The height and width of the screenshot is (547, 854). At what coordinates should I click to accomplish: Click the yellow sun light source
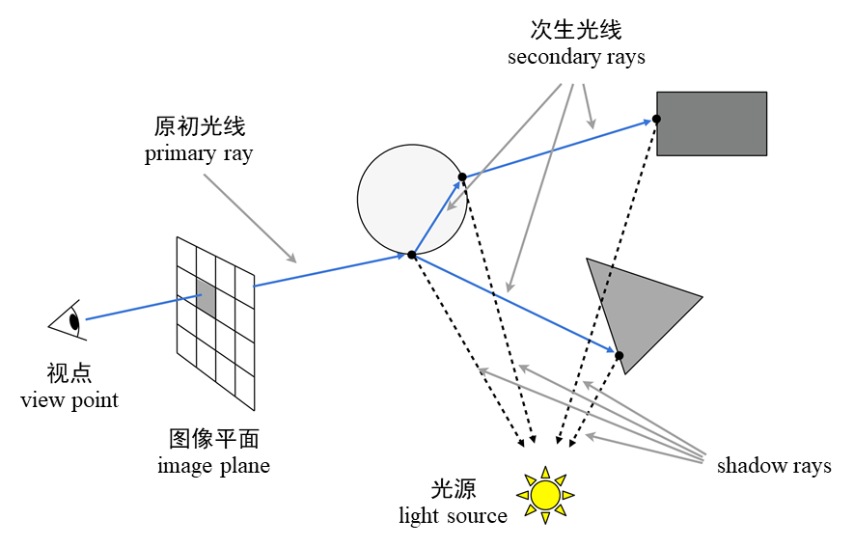[x=545, y=495]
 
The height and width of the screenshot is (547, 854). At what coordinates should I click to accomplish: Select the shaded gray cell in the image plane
[x=206, y=296]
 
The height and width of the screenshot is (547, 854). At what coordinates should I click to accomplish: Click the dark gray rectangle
[x=712, y=123]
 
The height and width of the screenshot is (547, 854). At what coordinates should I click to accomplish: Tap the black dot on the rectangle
[x=656, y=119]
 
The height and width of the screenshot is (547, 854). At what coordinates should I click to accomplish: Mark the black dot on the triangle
[x=620, y=356]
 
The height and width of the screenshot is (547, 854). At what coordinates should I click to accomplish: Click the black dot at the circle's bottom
[x=412, y=255]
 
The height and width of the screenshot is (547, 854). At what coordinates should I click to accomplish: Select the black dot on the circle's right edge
[x=462, y=177]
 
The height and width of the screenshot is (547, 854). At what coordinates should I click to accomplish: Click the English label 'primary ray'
[x=199, y=154]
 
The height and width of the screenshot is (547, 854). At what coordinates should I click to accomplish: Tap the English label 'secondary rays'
[x=576, y=57]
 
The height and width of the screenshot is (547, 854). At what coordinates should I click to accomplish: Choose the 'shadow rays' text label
[x=774, y=467]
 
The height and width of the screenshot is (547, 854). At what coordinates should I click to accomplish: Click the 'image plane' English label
[x=213, y=467]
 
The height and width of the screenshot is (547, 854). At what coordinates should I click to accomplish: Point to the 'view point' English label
[x=69, y=399]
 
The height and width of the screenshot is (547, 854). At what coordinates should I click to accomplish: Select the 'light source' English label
[x=453, y=516]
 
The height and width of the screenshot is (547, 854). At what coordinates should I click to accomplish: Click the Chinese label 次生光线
[x=576, y=30]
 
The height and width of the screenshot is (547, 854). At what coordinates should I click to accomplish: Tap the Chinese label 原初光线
[x=200, y=126]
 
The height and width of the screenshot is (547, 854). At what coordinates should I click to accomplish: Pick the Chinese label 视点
[x=69, y=372]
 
